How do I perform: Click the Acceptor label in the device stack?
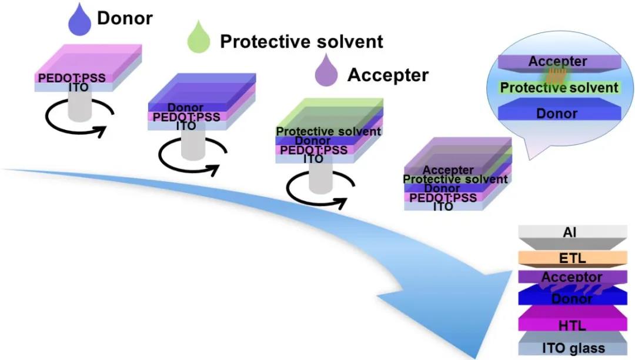point(571,277)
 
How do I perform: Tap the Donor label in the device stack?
point(571,299)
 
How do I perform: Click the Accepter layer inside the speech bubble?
point(557,62)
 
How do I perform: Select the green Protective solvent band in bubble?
point(559,88)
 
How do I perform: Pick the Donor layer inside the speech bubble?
point(557,112)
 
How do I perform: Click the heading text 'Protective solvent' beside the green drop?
point(301,41)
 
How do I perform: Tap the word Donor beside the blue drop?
point(125,18)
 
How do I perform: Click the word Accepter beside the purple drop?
point(388,75)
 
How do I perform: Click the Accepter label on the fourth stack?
point(448,171)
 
